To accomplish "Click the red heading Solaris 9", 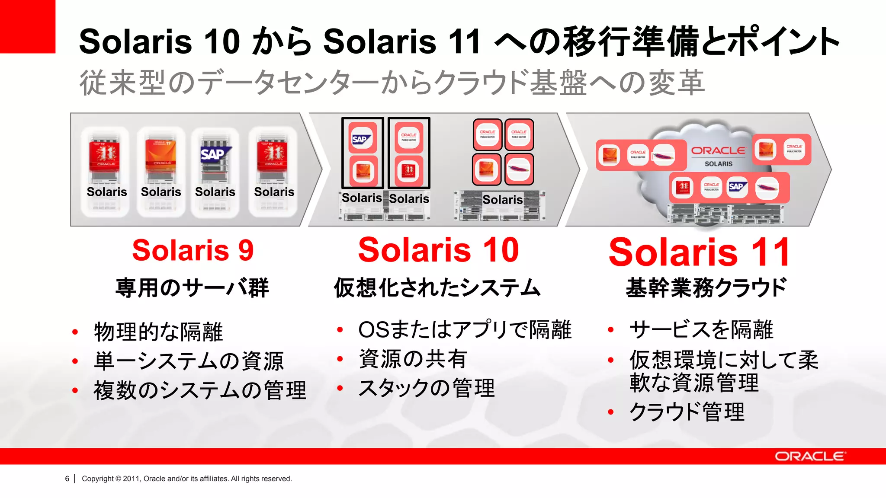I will pyautogui.click(x=193, y=250).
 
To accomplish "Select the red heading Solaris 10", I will pyautogui.click(x=438, y=250).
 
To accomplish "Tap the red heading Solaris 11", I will pyautogui.click(x=699, y=252).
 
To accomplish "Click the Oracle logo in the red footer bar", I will pyautogui.click(x=809, y=456).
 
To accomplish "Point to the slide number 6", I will pyautogui.click(x=67, y=479).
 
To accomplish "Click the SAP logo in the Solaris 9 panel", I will pyautogui.click(x=215, y=153).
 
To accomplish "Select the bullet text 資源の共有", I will pyautogui.click(x=413, y=359).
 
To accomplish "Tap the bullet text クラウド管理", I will pyautogui.click(x=687, y=412).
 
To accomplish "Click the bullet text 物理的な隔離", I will pyautogui.click(x=158, y=332).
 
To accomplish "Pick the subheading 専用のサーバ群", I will pyautogui.click(x=193, y=288).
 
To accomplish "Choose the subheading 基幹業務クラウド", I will pyautogui.click(x=706, y=288).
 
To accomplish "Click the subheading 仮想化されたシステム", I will pyautogui.click(x=437, y=288).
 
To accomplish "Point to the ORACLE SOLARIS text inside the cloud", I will pyautogui.click(x=718, y=156).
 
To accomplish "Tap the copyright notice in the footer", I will pyautogui.click(x=186, y=479).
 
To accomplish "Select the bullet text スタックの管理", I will pyautogui.click(x=427, y=388).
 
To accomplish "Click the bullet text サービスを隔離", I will pyautogui.click(x=701, y=330).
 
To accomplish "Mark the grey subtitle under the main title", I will pyautogui.click(x=392, y=83).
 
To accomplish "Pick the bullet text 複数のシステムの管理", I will pyautogui.click(x=200, y=390).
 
